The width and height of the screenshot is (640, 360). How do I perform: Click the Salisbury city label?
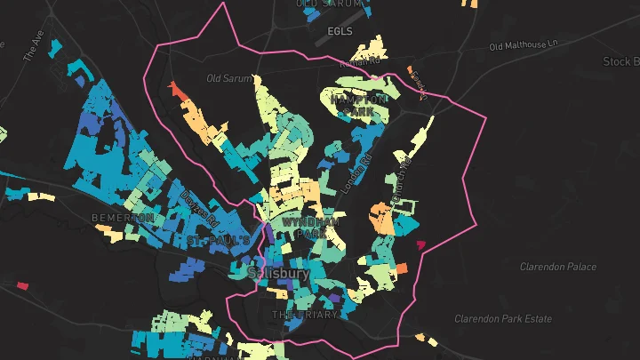pos(279,274)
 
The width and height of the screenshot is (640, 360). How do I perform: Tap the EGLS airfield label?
pos(340,31)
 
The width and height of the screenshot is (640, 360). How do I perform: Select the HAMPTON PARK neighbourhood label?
pos(360,106)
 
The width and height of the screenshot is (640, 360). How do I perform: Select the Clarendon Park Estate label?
pos(503,319)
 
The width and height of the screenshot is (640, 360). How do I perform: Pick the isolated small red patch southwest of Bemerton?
pos(22,285)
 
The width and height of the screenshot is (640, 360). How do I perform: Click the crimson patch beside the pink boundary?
pos(420,244)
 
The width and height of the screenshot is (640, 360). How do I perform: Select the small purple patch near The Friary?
pos(335,299)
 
